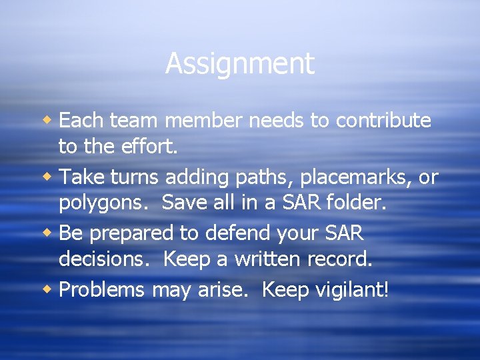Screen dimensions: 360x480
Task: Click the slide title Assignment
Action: [x=239, y=64]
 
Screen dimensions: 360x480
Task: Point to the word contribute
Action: [x=383, y=121]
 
